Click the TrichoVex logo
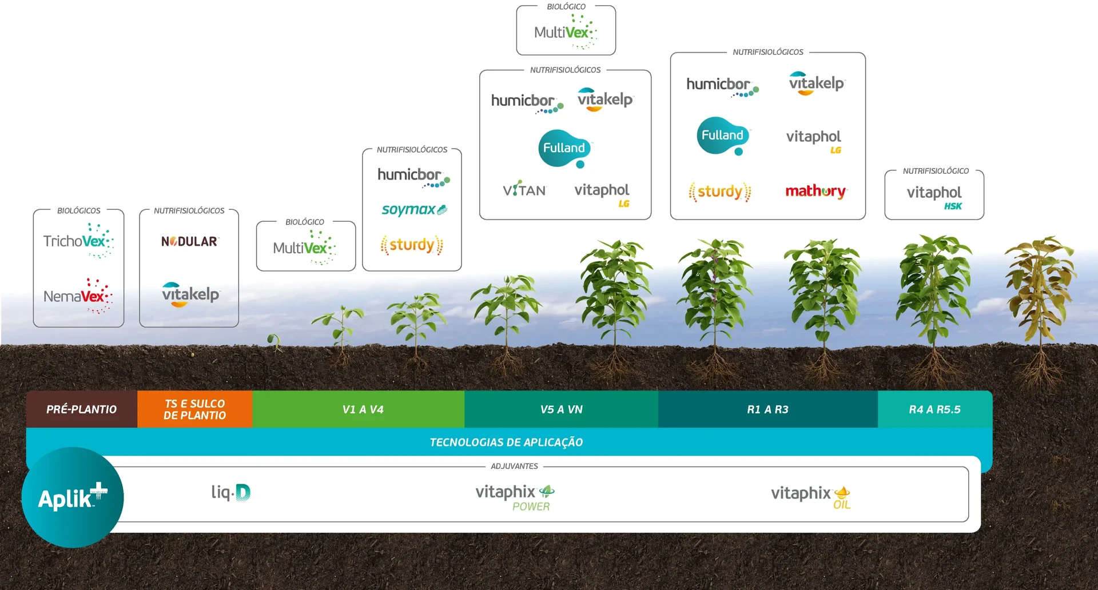pyautogui.click(x=78, y=241)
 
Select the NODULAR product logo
pyautogui.click(x=189, y=242)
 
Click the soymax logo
pyautogui.click(x=413, y=210)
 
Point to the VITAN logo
pyautogui.click(x=524, y=190)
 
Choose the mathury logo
pyautogui.click(x=815, y=191)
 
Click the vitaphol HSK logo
pyautogui.click(x=934, y=196)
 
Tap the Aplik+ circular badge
pyautogui.click(x=73, y=497)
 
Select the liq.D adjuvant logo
pyautogui.click(x=230, y=492)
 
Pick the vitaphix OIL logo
pyautogui.click(x=810, y=496)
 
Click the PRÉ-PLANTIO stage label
pyautogui.click(x=82, y=409)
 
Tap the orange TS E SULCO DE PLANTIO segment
pyautogui.click(x=194, y=409)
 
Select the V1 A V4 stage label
pyautogui.click(x=363, y=409)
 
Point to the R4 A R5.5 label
pyautogui.click(x=934, y=409)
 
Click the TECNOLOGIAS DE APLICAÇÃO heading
pyautogui.click(x=506, y=442)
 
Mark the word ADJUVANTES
pyautogui.click(x=514, y=466)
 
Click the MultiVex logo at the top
pyautogui.click(x=566, y=32)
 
